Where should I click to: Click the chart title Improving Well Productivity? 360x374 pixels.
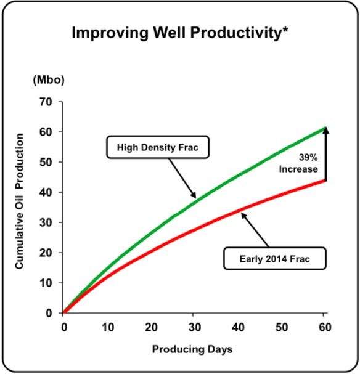point(176,33)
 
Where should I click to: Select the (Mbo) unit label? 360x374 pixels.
point(47,81)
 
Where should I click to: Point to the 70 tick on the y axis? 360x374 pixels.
point(48,102)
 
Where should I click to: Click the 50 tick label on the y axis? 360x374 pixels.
point(48,162)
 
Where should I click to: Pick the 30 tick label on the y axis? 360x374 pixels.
point(48,222)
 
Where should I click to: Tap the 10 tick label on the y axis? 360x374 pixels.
point(48,283)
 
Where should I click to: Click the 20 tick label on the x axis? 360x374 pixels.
point(151,326)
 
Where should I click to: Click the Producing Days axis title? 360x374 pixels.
point(194,349)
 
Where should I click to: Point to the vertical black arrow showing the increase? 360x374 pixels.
point(326,154)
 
